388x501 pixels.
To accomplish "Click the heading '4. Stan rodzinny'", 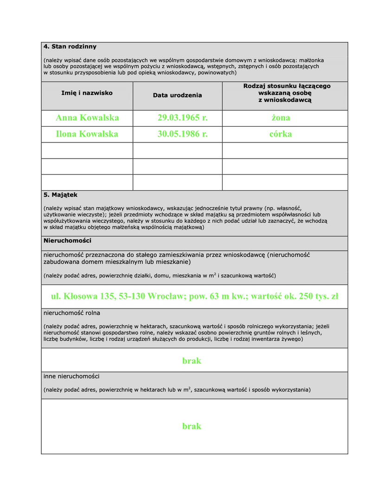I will coord(70,47).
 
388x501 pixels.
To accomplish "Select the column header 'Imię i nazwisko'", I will coord(87,93).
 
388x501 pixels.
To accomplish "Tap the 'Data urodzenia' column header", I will coord(178,95).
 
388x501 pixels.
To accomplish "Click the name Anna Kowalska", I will coord(87,118).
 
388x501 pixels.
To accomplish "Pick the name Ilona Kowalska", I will coord(87,134).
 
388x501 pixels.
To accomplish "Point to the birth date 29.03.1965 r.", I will coord(183,118).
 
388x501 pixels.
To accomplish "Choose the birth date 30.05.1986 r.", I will coord(183,134).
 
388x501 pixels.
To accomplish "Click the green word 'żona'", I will coord(281,118).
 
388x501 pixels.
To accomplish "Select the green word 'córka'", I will coord(281,134).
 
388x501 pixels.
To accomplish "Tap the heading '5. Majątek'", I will coord(60,195).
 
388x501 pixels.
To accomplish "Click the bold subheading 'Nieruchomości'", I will coord(67,241).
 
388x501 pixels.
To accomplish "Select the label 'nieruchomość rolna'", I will coord(72,313).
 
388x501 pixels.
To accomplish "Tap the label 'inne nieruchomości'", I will coord(71,376).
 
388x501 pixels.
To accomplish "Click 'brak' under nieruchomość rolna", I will coord(192,360).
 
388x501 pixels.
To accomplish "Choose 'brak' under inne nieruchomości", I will coord(192,426).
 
